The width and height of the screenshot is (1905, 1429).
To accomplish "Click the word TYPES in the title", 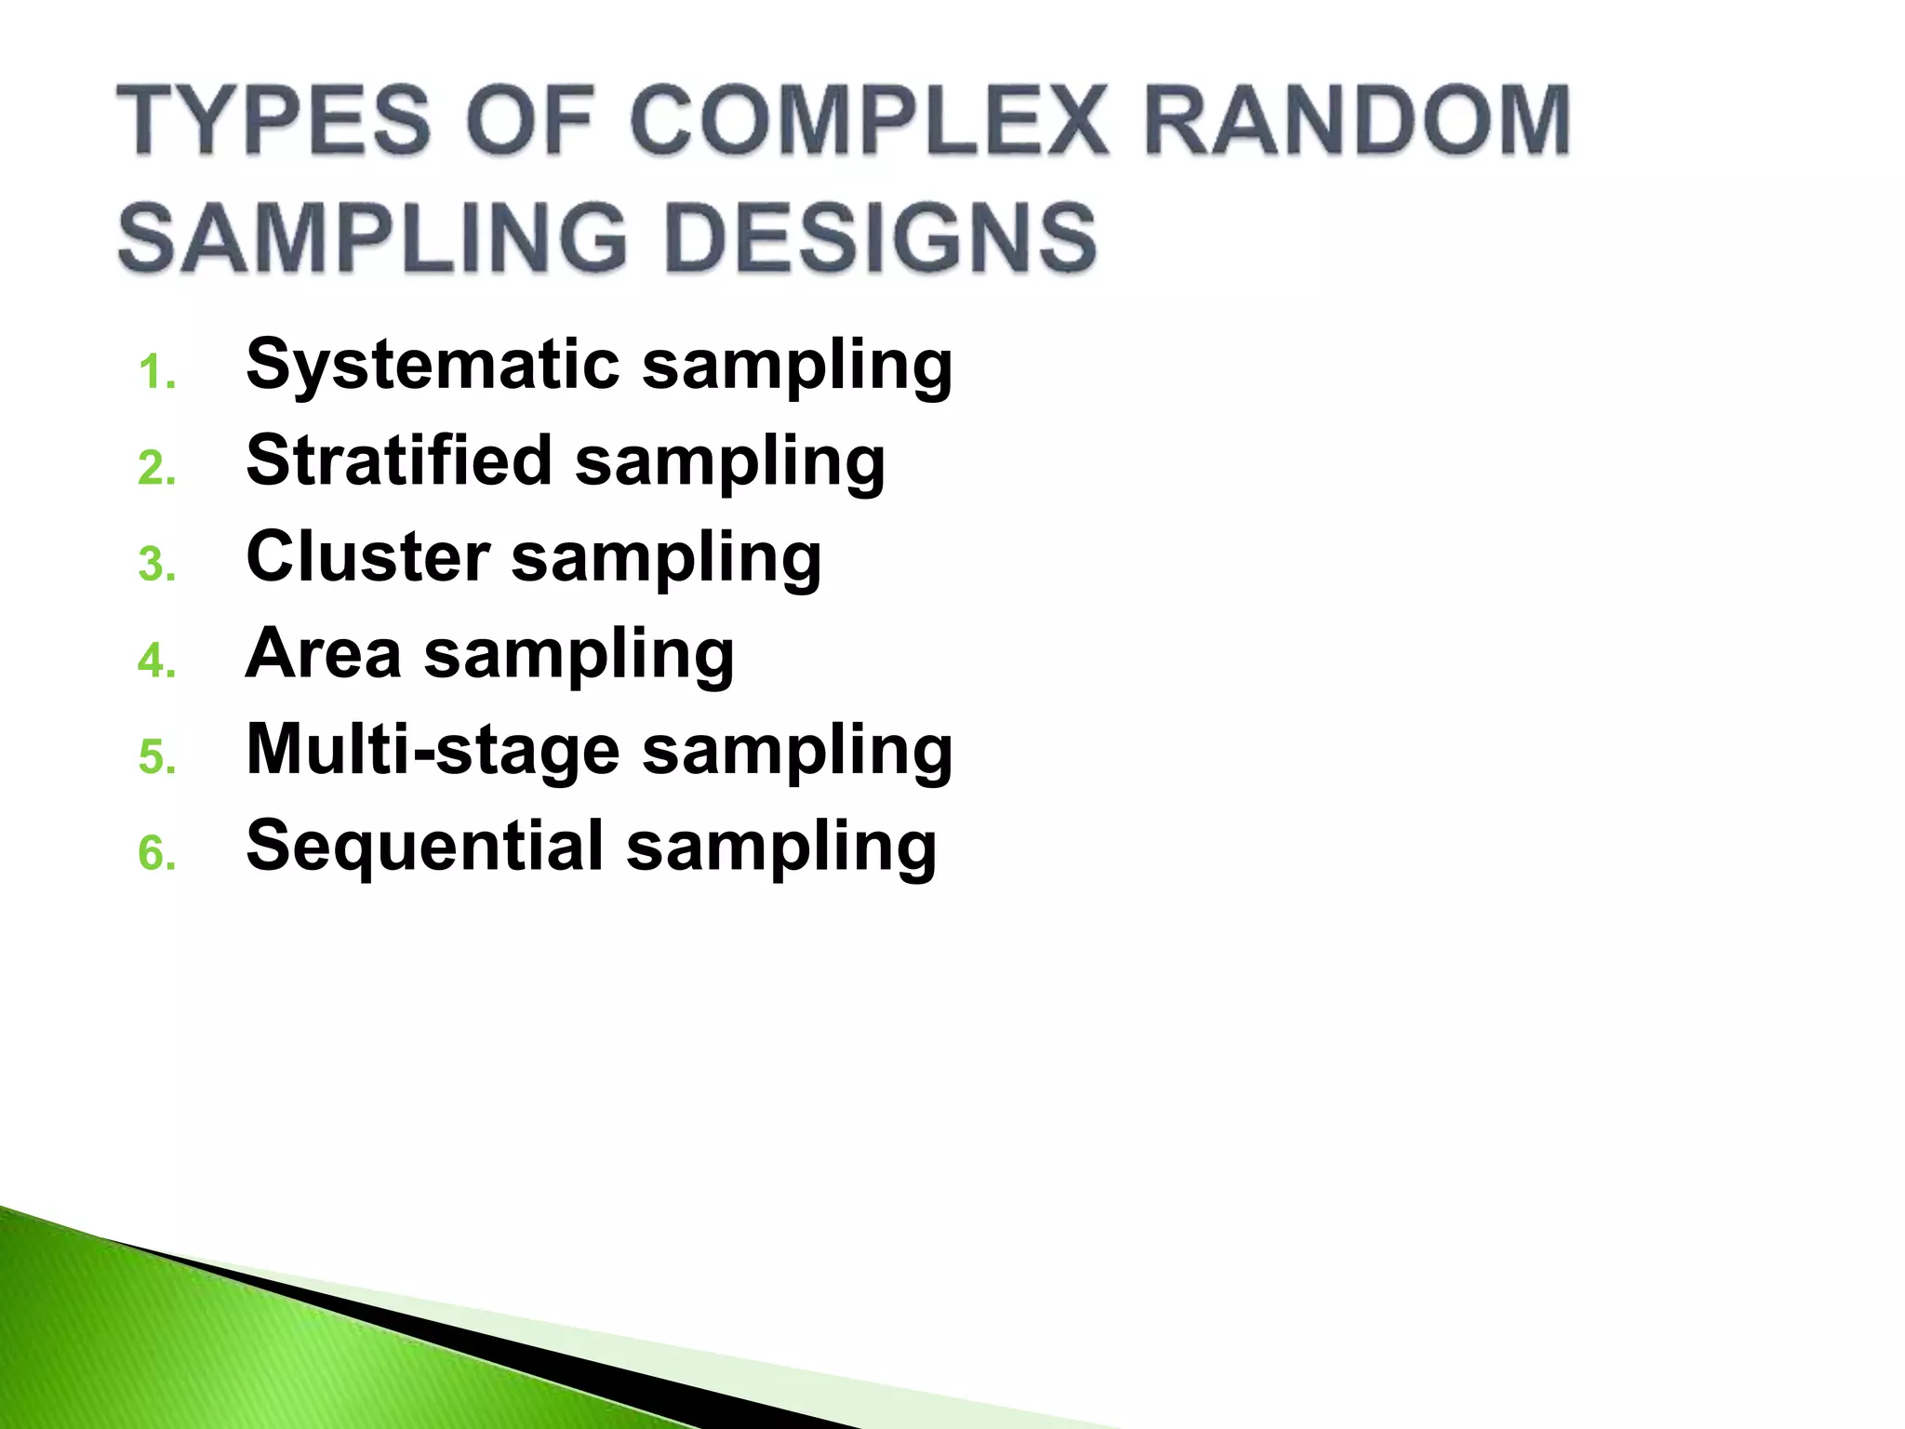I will click(273, 121).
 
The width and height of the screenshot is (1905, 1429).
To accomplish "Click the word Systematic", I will click(433, 365).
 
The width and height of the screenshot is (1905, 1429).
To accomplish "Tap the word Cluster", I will click(367, 557).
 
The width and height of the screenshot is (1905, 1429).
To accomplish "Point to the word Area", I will click(323, 653).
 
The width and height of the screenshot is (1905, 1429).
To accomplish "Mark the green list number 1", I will click(154, 374).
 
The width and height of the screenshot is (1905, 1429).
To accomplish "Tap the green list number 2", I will click(155, 470).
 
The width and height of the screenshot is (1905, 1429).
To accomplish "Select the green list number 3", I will click(155, 567).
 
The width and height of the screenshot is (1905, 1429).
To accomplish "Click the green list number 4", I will click(155, 662).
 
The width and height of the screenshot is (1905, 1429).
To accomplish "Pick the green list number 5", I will click(155, 759).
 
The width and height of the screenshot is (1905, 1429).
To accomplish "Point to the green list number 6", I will click(155, 855).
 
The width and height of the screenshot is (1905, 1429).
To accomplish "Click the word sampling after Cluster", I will click(666, 561).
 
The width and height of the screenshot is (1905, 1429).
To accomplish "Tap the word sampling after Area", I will click(579, 657).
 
